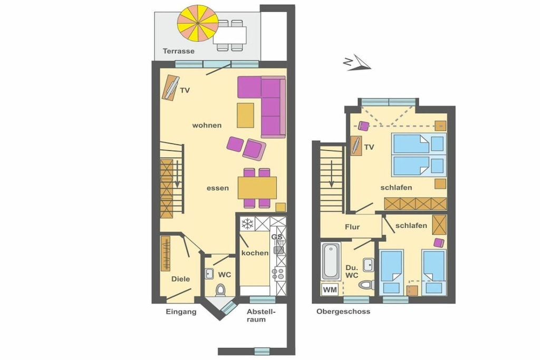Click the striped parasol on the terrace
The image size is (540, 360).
198,23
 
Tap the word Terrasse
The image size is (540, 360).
178,51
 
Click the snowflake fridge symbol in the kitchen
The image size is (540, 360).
247,224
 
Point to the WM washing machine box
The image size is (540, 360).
330,289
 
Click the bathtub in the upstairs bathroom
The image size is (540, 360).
331,261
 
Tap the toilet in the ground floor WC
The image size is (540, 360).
220,290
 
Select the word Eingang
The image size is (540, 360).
181,312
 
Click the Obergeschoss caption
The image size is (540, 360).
343,312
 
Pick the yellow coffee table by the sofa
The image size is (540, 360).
245,115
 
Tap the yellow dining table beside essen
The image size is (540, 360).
257,188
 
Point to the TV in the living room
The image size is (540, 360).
171,87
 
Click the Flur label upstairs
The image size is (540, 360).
352,227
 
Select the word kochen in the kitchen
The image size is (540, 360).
255,253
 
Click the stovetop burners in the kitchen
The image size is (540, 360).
278,274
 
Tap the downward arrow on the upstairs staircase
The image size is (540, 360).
331,174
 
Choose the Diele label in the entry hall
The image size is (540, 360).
180,279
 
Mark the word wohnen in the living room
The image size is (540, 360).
207,125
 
